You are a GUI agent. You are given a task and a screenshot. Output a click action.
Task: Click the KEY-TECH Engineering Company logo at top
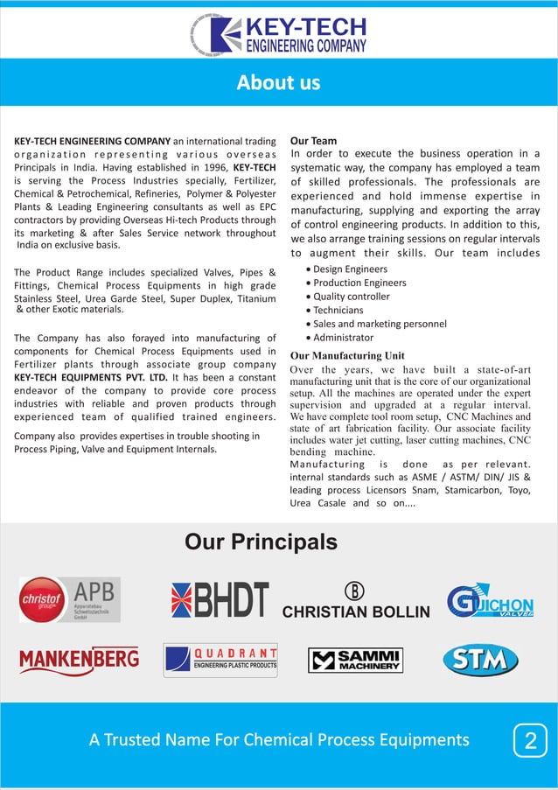coord(279,35)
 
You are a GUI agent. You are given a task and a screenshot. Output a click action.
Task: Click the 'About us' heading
coord(278,83)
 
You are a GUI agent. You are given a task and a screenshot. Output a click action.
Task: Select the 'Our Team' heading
coord(313,140)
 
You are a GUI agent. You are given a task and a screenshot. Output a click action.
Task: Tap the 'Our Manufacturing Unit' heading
coord(347,356)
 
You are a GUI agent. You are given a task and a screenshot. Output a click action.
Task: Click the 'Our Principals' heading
coord(261,542)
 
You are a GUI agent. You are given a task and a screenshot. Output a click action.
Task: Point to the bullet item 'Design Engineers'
coord(350,269)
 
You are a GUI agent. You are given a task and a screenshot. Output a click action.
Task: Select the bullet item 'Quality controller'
coord(351,297)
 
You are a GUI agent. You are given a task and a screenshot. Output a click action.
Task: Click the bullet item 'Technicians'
coord(338,310)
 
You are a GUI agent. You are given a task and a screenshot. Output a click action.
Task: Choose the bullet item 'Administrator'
coord(343,338)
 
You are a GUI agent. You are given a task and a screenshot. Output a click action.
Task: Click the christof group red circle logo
coord(42,599)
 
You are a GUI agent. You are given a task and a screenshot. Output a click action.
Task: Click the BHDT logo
coord(220,600)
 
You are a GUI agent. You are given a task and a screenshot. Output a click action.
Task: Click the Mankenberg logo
coord(79,660)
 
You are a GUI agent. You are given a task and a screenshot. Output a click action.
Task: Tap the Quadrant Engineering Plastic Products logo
coord(220,660)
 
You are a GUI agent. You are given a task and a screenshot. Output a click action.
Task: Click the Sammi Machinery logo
coord(355,660)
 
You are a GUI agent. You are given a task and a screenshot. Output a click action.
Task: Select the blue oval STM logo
coord(480,660)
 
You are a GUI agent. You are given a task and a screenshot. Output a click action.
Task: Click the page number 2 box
coord(529,741)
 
